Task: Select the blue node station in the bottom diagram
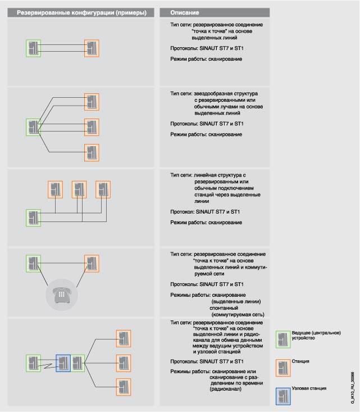[63, 363]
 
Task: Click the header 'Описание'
[185, 12]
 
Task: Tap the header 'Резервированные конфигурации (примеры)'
[78, 12]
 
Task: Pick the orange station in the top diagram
[92, 48]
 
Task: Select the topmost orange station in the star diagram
[92, 102]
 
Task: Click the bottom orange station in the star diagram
[92, 152]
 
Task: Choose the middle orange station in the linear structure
[79, 189]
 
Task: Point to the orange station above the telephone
[92, 263]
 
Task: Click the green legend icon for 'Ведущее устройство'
[283, 339]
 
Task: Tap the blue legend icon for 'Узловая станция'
[283, 395]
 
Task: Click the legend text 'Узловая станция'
[310, 388]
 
